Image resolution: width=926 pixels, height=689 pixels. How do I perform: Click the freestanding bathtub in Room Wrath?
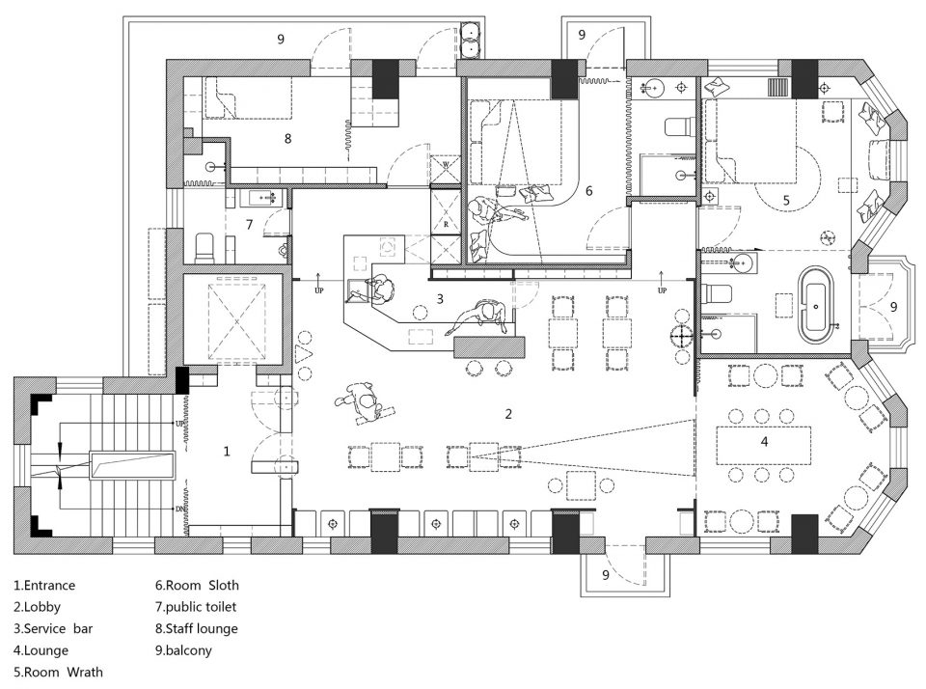[x=816, y=306]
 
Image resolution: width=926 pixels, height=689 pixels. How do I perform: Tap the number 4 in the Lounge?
[x=764, y=441]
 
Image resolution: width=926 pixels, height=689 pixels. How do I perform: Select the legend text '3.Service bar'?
[x=53, y=629]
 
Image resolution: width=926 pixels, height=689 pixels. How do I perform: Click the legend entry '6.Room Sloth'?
[x=197, y=586]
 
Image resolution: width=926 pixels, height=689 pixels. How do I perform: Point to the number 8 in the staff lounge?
[x=287, y=138]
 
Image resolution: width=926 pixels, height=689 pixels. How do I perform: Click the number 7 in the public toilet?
[x=249, y=225]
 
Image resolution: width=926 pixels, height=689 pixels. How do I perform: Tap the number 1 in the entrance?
[x=227, y=452]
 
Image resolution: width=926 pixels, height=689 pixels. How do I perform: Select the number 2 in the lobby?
[x=508, y=414]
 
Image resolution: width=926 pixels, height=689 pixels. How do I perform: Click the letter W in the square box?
[x=446, y=164]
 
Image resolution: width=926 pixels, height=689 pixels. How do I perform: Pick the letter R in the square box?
[x=446, y=225]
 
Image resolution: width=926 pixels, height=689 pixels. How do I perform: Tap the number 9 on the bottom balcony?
[x=606, y=574]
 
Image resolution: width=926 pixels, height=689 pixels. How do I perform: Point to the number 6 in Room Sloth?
[x=588, y=191]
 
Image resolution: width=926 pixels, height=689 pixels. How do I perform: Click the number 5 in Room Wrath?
[x=786, y=201]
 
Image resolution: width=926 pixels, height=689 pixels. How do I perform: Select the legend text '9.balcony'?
[x=183, y=650]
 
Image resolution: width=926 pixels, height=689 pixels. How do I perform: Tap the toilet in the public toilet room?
[x=204, y=248]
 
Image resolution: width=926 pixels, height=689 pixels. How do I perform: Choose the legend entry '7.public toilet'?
[x=196, y=607]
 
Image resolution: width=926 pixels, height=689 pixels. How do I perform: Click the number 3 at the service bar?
[x=440, y=299]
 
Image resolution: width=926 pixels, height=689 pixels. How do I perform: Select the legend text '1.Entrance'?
[x=45, y=586]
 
